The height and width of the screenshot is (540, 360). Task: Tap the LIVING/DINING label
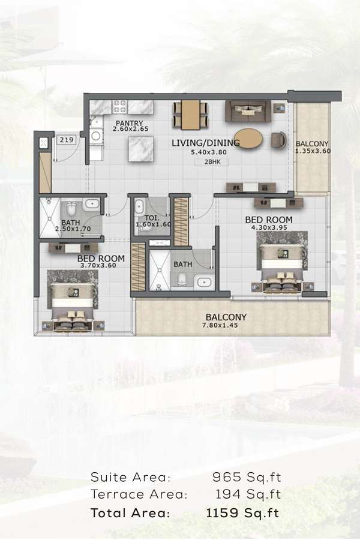(x=206, y=143)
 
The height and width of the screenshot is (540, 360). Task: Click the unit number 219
(x=67, y=140)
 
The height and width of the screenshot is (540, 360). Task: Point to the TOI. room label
(x=152, y=217)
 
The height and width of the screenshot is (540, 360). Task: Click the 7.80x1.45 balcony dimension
(x=226, y=326)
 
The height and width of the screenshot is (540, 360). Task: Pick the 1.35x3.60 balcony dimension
(x=312, y=152)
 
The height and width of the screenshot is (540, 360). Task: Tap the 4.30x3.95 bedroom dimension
(x=268, y=227)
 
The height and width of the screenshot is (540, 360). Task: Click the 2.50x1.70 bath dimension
(x=73, y=229)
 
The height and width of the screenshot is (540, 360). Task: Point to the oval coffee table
(x=247, y=139)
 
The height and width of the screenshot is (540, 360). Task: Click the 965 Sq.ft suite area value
(x=247, y=478)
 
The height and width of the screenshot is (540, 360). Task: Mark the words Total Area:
(x=130, y=513)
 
